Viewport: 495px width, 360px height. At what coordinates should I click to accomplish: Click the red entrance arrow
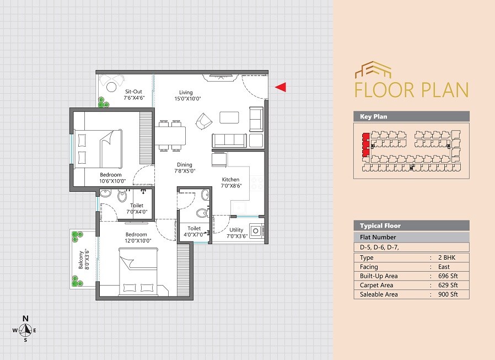281,87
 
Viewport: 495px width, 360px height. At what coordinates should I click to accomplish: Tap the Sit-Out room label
134,95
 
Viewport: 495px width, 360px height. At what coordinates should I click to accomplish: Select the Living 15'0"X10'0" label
186,95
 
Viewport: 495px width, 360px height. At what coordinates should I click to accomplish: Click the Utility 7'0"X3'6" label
237,232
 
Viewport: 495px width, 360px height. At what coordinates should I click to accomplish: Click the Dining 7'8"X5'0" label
185,168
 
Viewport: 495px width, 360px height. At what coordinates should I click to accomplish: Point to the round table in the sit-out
111,87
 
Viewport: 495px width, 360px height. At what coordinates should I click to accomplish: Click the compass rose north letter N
25,319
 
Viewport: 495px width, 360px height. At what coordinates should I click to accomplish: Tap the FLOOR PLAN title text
411,90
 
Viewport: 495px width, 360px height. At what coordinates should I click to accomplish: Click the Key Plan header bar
411,116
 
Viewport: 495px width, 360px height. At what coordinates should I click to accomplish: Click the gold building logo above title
373,70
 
